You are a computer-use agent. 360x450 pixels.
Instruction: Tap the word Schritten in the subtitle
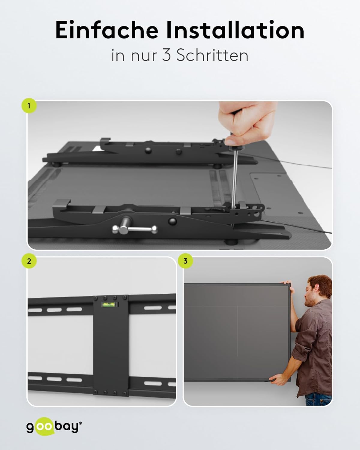pyautogui.click(x=212, y=55)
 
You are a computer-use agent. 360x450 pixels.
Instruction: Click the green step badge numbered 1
pyautogui.click(x=29, y=106)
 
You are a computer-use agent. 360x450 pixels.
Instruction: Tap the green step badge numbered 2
pyautogui.click(x=29, y=261)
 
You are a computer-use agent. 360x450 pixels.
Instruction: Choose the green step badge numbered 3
pyautogui.click(x=185, y=261)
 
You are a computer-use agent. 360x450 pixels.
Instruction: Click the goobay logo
pyautogui.click(x=54, y=427)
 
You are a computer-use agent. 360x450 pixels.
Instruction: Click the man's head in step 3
pyautogui.click(x=317, y=289)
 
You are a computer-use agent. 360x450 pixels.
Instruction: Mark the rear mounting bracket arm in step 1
pyautogui.click(x=150, y=151)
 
